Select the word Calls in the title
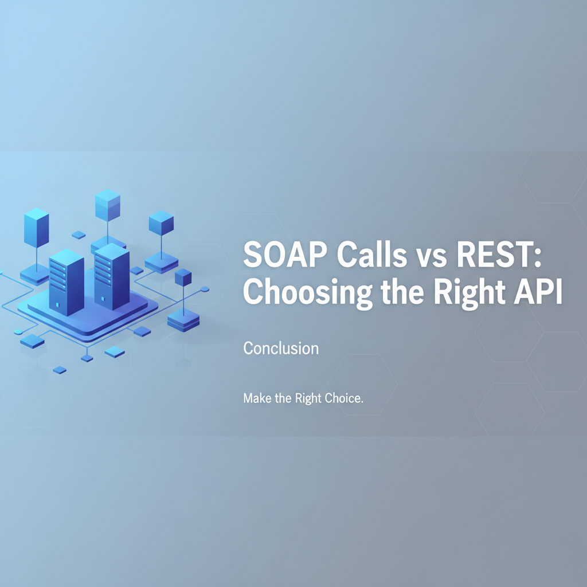(371, 254)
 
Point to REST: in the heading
(499, 254)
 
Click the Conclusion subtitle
(281, 348)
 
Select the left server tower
(66, 283)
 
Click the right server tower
(112, 277)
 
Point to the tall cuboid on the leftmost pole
(36, 228)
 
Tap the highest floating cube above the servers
(108, 205)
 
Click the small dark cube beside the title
(183, 277)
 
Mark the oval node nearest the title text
(205, 289)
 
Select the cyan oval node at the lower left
(18, 332)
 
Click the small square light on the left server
(58, 305)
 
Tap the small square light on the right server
(103, 299)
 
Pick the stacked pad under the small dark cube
(183, 320)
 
